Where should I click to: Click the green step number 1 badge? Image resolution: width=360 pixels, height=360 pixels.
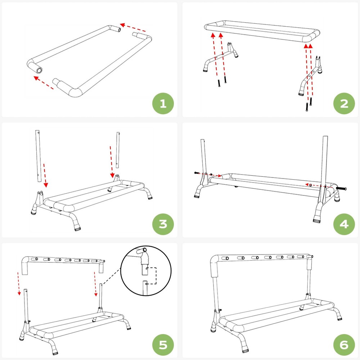[163, 104]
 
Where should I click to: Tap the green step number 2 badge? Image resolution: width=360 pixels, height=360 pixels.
[344, 104]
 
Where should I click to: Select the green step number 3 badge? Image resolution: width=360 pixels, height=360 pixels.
[163, 224]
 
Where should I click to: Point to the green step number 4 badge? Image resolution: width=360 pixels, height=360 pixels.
[344, 224]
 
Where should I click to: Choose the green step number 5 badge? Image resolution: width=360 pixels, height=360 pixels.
[163, 345]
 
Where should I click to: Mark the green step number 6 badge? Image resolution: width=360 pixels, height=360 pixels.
[344, 345]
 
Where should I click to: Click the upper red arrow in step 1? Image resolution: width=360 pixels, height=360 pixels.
[133, 28]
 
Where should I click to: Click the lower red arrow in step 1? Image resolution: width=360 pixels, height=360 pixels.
[44, 82]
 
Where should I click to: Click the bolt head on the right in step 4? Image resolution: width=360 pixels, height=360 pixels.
[341, 188]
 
